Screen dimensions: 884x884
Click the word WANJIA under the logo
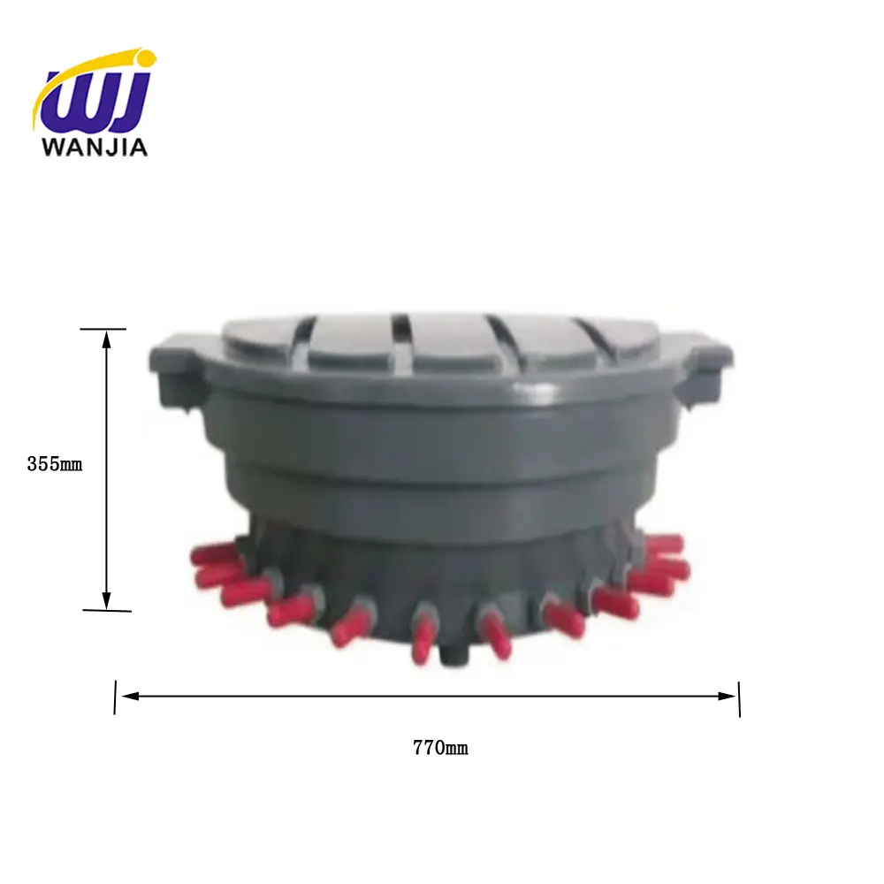click(95, 145)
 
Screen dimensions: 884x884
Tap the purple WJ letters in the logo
click(95, 102)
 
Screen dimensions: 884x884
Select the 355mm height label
click(54, 463)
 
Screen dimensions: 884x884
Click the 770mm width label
click(440, 748)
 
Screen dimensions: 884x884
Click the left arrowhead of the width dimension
click(128, 696)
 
